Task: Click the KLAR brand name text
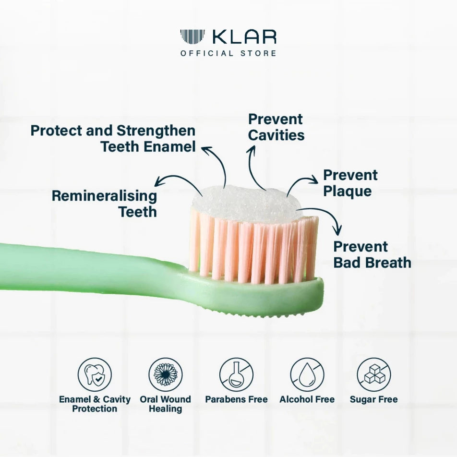[x=244, y=37]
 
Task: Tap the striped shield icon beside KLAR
[x=192, y=37]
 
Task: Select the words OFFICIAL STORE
[x=228, y=53]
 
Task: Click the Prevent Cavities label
[x=276, y=127]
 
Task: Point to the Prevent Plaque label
[x=350, y=183]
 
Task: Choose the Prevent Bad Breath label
[x=372, y=254]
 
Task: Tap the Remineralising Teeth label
[x=104, y=204]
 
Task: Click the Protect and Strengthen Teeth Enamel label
[x=113, y=138]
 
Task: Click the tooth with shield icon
[x=95, y=375]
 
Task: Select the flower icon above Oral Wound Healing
[x=166, y=375]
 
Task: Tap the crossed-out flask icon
[x=236, y=375]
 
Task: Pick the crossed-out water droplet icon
[x=307, y=375]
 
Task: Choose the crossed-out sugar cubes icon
[x=373, y=375]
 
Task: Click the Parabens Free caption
[x=236, y=399]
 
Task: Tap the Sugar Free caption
[x=373, y=399]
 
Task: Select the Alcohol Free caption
[x=307, y=399]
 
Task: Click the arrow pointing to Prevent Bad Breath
[x=324, y=216]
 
